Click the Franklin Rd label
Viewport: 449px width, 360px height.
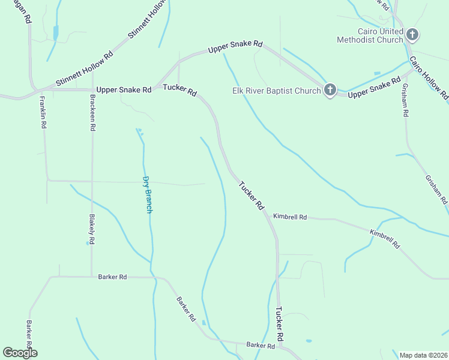(x=43, y=113)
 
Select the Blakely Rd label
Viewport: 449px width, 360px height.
(x=91, y=229)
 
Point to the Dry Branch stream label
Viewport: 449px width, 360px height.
(x=147, y=194)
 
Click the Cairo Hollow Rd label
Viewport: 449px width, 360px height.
(x=429, y=77)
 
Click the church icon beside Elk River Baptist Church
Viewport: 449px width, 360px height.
(x=330, y=90)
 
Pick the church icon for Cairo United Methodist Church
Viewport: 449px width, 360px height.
(x=412, y=35)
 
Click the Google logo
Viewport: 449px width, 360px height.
(x=20, y=353)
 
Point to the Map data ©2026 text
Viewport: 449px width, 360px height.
(x=423, y=355)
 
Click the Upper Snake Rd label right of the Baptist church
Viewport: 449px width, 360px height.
(x=374, y=87)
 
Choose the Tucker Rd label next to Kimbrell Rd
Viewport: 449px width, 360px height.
(x=252, y=195)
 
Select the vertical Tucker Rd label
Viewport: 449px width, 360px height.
(x=279, y=325)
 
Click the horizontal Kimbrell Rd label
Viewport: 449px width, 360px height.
(x=290, y=216)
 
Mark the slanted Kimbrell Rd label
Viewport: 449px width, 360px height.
(x=385, y=239)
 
